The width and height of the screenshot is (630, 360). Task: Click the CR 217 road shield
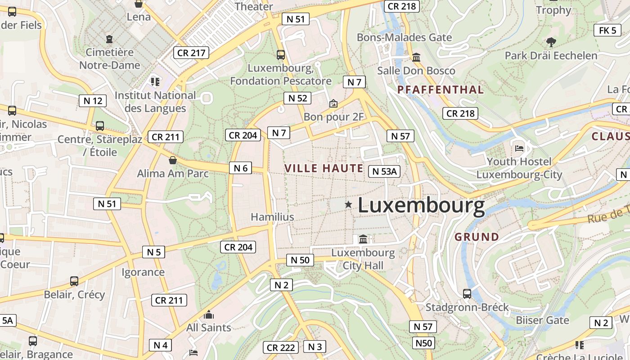pyautogui.click(x=191, y=53)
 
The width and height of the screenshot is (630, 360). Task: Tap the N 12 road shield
pyautogui.click(x=93, y=101)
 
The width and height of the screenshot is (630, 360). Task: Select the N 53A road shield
pyautogui.click(x=384, y=171)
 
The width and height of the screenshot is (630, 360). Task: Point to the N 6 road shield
pyautogui.click(x=241, y=168)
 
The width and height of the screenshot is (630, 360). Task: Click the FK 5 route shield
pyautogui.click(x=607, y=31)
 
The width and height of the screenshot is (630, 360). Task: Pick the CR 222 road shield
pyautogui.click(x=281, y=347)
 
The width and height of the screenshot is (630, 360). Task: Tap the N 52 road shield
pyautogui.click(x=297, y=98)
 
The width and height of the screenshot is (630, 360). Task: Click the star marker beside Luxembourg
pyautogui.click(x=348, y=205)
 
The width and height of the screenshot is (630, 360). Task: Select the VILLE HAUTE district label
pyautogui.click(x=324, y=169)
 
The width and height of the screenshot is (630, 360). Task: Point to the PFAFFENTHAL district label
pyautogui.click(x=440, y=90)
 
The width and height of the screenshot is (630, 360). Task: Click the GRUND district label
pyautogui.click(x=477, y=237)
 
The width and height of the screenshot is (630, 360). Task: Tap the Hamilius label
pyautogui.click(x=272, y=217)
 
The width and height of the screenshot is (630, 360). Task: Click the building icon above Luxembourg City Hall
pyautogui.click(x=363, y=239)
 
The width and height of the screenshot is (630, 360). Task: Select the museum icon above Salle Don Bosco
pyautogui.click(x=416, y=58)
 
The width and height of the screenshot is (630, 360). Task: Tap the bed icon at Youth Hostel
pyautogui.click(x=519, y=148)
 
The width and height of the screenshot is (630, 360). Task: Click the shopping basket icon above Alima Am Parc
pyautogui.click(x=172, y=160)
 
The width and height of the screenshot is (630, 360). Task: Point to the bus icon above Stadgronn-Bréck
pyautogui.click(x=467, y=294)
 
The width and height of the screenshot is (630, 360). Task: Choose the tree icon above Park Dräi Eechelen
pyautogui.click(x=551, y=42)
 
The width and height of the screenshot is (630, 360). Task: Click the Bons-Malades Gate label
pyautogui.click(x=404, y=37)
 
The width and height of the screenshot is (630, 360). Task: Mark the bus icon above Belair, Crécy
pyautogui.click(x=74, y=281)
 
